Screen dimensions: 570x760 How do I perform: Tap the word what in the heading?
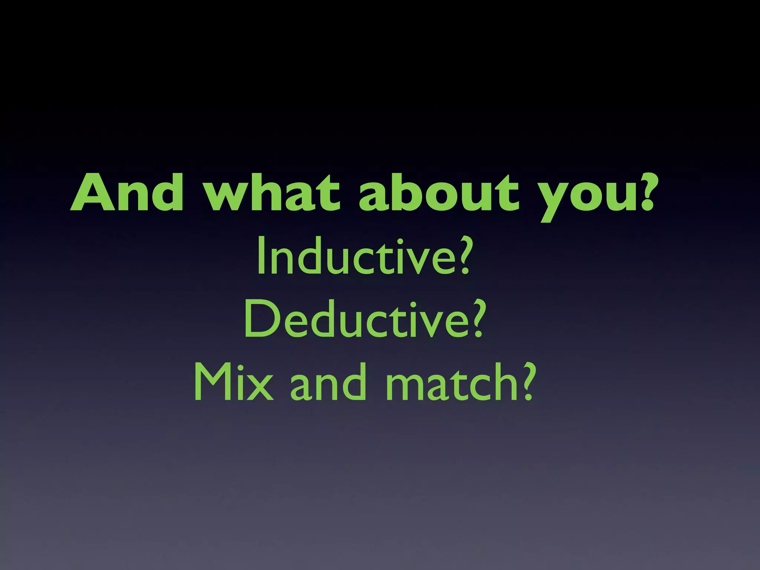point(273,193)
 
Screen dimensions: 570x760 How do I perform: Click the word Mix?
point(234,382)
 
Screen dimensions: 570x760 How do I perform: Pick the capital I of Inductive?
point(261,256)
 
